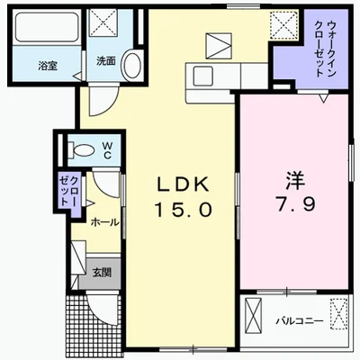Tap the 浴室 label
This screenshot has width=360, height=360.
click(47, 66)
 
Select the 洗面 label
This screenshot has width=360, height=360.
click(105, 61)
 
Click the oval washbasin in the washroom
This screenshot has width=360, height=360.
click(131, 66)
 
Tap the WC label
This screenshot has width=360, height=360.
click(105, 147)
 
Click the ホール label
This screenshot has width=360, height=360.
click(105, 221)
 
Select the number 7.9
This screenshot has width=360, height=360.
click(291, 203)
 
